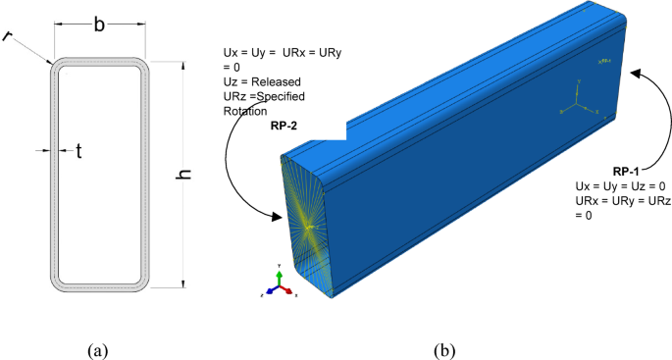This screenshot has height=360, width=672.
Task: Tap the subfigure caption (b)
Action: [445, 347]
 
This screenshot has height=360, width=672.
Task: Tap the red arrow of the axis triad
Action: [286, 291]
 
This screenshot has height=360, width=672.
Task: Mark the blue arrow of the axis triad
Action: [269, 291]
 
